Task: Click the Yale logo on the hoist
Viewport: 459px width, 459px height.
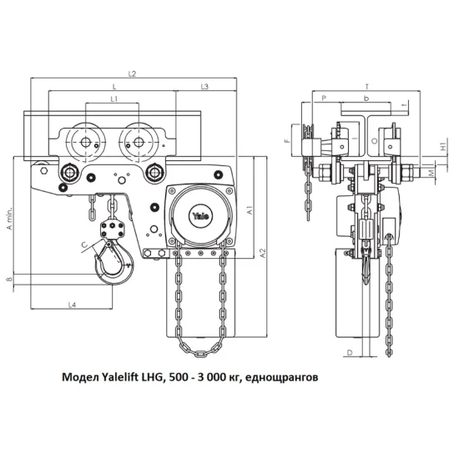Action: tap(200, 216)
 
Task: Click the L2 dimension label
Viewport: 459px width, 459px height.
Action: tap(133, 73)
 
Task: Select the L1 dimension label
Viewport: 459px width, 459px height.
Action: tap(114, 99)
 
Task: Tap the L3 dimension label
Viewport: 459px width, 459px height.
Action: tap(204, 87)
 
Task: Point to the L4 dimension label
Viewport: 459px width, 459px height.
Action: tap(72, 305)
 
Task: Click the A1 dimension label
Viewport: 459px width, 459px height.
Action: tap(250, 210)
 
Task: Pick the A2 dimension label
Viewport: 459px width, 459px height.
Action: tap(263, 253)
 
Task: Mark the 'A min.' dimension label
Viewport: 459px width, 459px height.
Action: tap(10, 219)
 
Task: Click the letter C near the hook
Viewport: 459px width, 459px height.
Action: tap(84, 245)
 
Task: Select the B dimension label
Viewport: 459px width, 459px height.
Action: tap(10, 279)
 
